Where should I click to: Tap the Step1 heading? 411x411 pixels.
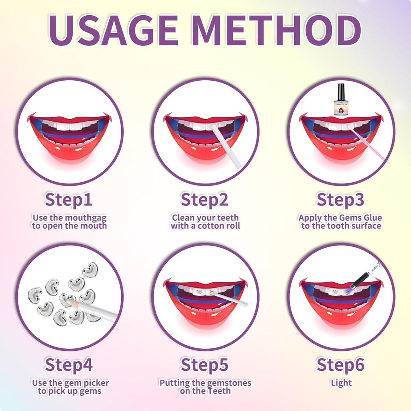point(69,199)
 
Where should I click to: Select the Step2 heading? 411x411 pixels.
point(205,199)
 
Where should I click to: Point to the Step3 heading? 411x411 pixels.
point(341,199)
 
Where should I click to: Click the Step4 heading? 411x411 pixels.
point(69,364)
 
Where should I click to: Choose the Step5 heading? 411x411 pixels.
point(205,364)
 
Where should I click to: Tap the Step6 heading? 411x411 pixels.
point(341,364)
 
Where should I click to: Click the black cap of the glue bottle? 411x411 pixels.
point(342,90)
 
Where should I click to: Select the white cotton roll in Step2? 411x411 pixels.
point(227,146)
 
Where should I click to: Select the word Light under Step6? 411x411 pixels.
point(341,383)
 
